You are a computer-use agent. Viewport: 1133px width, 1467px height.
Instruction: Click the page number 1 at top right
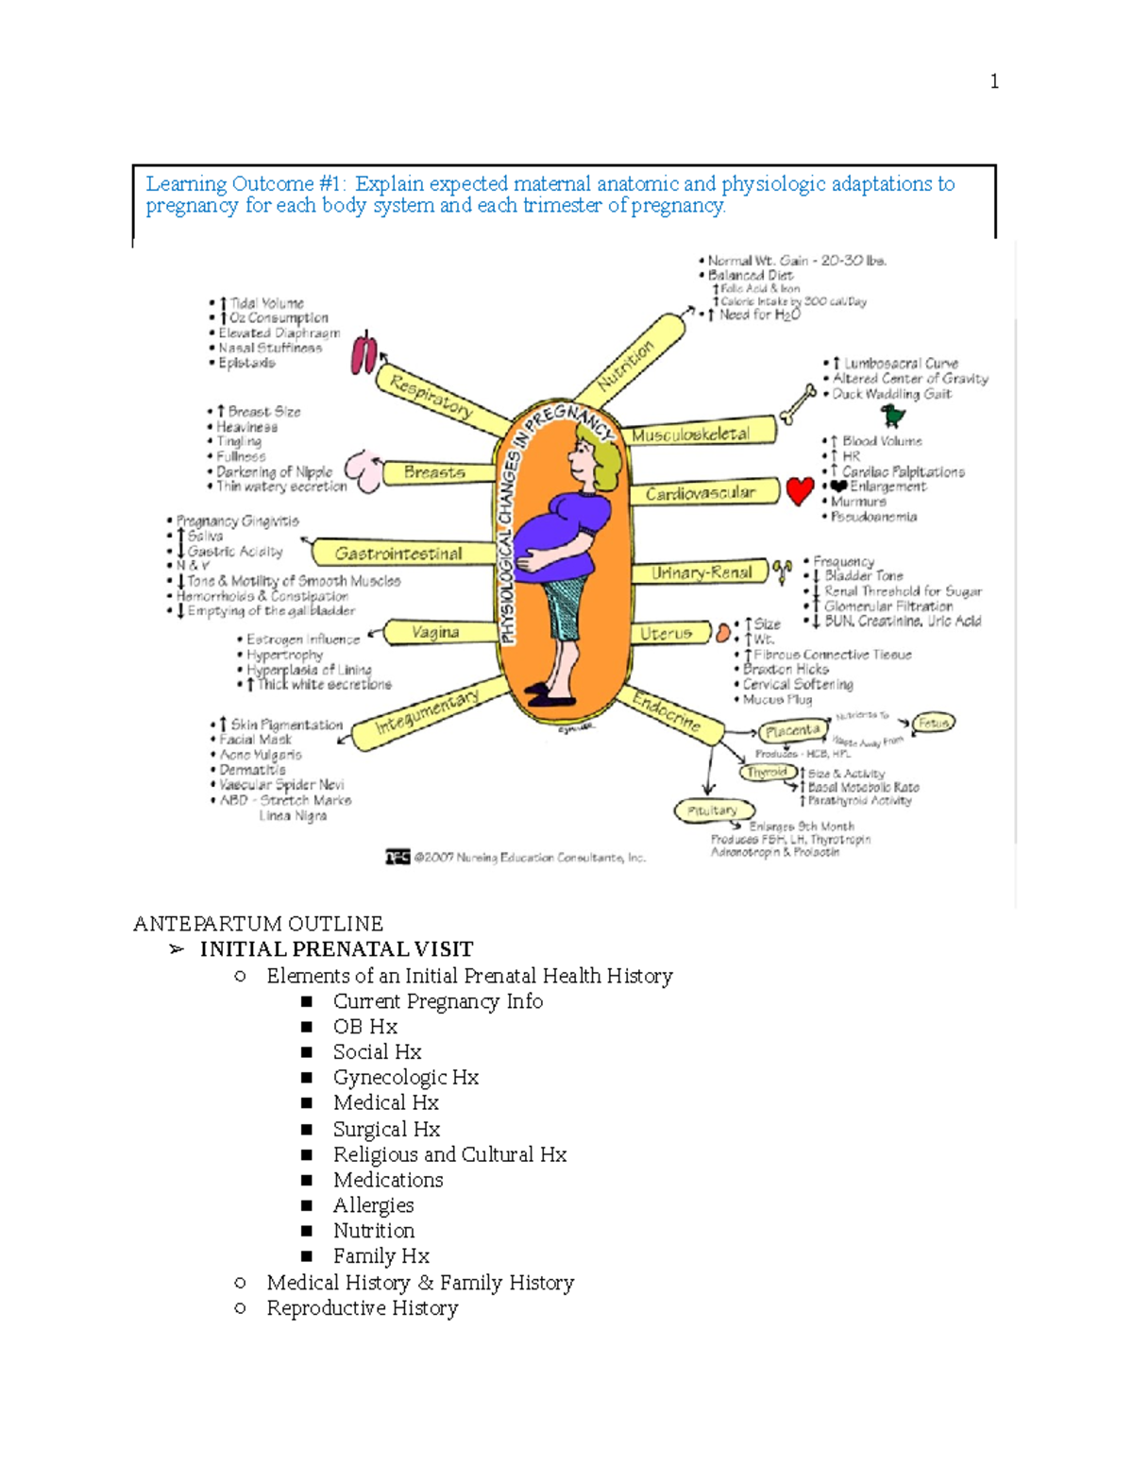point(994,81)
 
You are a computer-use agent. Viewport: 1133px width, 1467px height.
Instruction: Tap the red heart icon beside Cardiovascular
point(800,490)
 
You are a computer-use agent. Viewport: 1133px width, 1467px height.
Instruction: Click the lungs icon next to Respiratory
point(364,354)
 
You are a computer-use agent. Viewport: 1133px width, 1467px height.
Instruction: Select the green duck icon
point(892,416)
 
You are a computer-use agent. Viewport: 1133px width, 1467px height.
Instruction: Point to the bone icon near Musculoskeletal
point(799,403)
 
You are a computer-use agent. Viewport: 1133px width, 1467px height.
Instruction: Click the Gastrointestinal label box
point(399,554)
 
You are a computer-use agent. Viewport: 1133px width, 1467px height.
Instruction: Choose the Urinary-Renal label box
point(702,572)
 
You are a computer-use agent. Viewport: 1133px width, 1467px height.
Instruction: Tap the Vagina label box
point(435,632)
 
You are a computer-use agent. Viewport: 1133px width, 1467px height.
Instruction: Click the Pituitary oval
point(714,810)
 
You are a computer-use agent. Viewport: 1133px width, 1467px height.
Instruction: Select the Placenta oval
point(791,731)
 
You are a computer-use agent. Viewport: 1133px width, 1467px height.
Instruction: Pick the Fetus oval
point(934,723)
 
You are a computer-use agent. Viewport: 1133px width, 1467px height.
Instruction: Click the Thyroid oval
point(767,772)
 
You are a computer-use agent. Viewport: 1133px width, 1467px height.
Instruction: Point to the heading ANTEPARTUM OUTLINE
point(258,923)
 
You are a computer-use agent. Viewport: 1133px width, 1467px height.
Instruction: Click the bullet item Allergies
point(373,1205)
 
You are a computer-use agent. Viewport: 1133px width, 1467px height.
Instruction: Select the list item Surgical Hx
point(386,1129)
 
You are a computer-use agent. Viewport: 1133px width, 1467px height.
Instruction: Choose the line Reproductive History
point(362,1308)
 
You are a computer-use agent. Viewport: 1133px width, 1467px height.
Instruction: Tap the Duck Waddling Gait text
point(891,394)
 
